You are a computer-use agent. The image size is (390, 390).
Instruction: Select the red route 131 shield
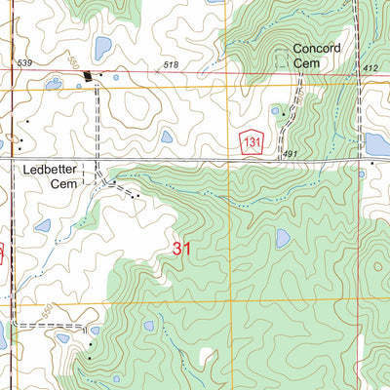tap(253, 141)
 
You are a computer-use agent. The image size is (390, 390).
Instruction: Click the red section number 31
tap(181, 249)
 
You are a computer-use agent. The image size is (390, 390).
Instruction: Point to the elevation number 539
tap(24, 63)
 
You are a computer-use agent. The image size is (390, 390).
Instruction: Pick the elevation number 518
tap(172, 64)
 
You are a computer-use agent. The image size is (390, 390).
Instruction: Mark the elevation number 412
tap(369, 67)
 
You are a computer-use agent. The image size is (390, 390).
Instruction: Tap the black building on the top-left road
tap(91, 76)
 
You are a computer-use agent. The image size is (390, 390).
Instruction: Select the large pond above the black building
tap(101, 47)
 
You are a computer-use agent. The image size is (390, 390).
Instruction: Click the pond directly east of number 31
tap(283, 238)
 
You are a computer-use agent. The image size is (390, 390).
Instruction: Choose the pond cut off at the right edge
tap(376, 144)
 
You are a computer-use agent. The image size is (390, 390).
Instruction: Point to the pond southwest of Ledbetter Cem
tap(43, 225)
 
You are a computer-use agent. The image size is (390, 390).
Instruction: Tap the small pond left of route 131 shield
tap(167, 136)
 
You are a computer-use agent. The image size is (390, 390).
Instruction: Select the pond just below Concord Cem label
tap(275, 111)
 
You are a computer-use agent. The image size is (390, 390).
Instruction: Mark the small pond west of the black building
tap(54, 84)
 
